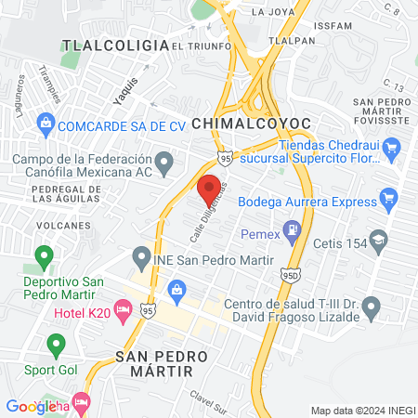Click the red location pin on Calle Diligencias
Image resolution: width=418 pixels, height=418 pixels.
coord(210,186)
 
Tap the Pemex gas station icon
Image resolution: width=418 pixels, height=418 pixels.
coord(293,229)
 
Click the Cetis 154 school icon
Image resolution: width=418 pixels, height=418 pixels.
coord(378,241)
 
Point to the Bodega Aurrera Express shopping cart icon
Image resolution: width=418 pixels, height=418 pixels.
coord(389,199)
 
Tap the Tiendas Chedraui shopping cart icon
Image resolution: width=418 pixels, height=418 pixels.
coord(391,145)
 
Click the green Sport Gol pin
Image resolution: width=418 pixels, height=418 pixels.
coord(56,346)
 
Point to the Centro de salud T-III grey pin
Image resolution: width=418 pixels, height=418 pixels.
coord(372,306)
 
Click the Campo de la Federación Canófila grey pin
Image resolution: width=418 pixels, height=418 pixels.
coord(165,165)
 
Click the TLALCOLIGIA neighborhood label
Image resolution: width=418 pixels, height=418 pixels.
coord(102,44)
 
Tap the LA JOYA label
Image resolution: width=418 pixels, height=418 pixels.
coord(273,12)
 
